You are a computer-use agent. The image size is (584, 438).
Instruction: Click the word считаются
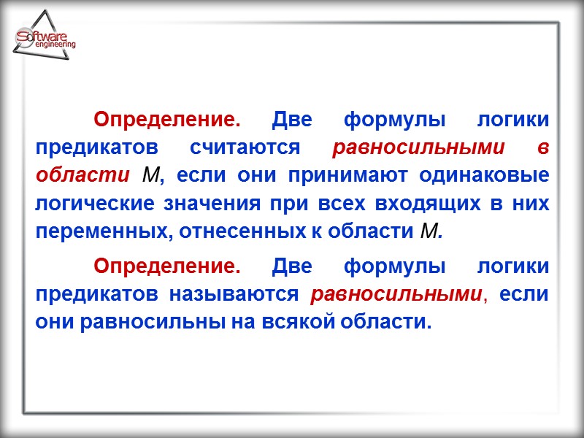click(x=245, y=147)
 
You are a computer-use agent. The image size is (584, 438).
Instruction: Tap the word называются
click(x=234, y=295)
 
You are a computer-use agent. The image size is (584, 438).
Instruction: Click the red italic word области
click(x=79, y=176)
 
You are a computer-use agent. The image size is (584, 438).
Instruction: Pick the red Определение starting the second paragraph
click(x=167, y=266)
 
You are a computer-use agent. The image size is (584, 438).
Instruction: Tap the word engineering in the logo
click(x=55, y=45)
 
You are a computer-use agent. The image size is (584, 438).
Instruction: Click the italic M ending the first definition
click(x=431, y=232)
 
